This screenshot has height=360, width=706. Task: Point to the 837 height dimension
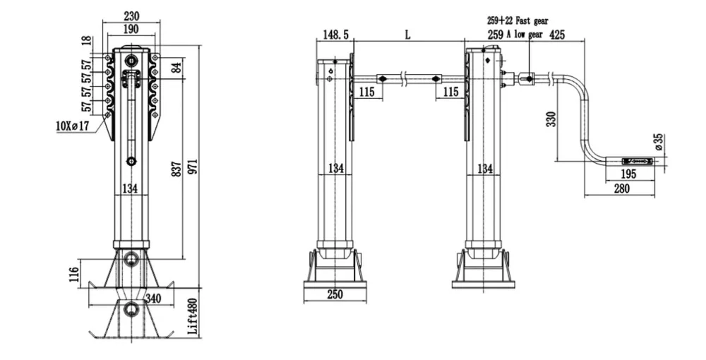click(x=176, y=168)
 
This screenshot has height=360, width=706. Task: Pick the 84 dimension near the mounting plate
click(x=176, y=68)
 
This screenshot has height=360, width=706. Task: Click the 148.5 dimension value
click(x=335, y=35)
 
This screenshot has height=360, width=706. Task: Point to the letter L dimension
click(x=408, y=34)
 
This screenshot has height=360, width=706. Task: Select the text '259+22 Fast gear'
click(x=517, y=22)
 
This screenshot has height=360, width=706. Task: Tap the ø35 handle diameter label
click(x=659, y=142)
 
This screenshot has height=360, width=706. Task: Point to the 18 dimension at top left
click(x=87, y=41)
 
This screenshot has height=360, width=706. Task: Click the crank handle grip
click(x=638, y=161)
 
